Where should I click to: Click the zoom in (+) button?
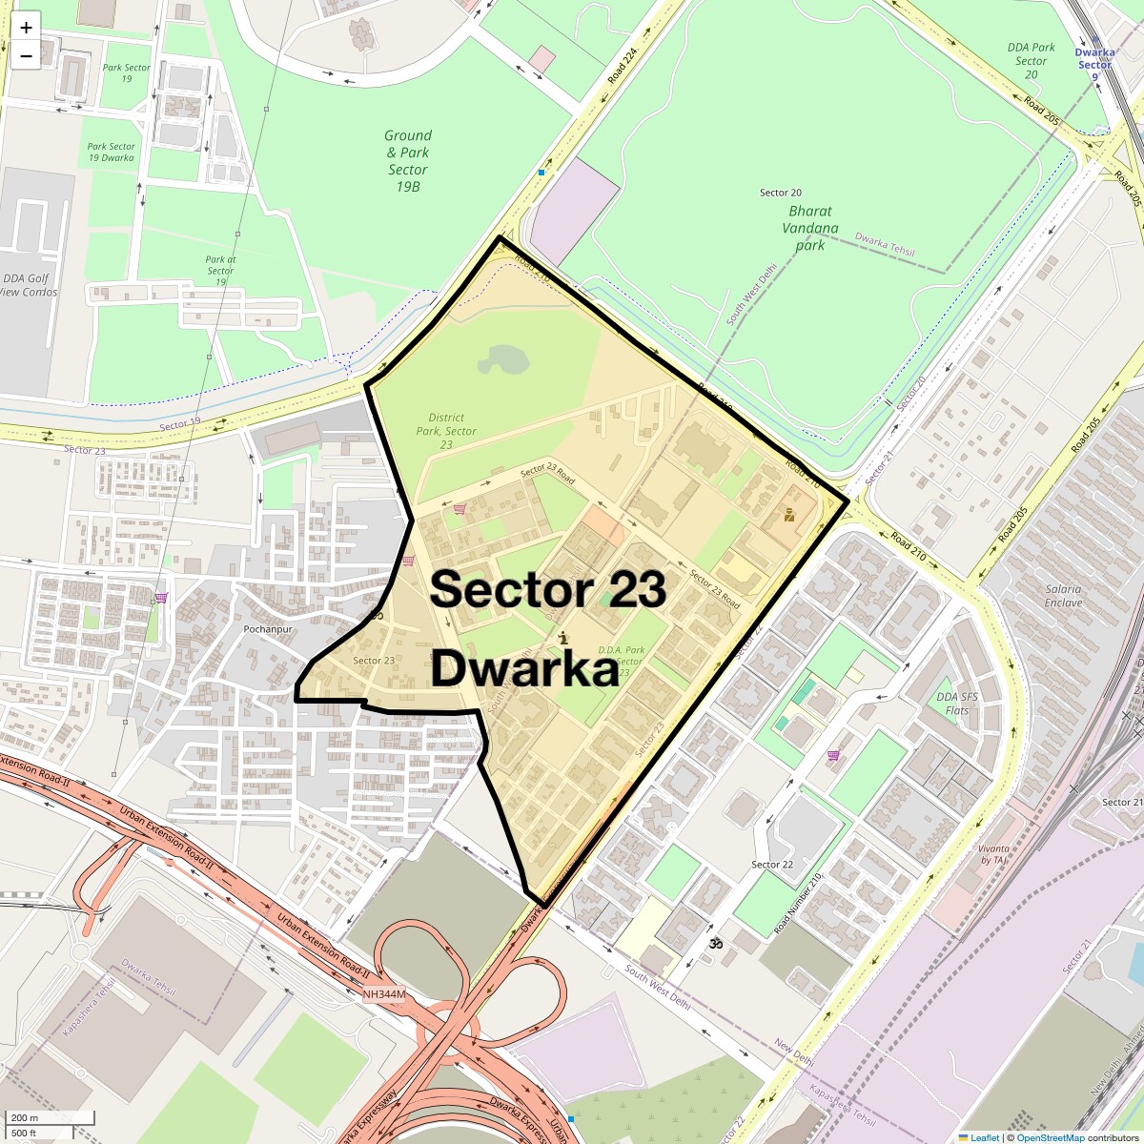(x=26, y=27)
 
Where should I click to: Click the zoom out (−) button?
(x=26, y=55)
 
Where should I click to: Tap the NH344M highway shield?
(x=384, y=994)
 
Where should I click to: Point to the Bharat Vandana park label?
(x=810, y=228)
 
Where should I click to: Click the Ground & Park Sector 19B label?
(x=408, y=161)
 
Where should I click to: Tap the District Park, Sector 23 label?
(x=446, y=431)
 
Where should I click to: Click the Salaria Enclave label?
(x=1063, y=596)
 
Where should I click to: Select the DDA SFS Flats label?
(x=957, y=704)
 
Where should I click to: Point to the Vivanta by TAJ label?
(x=992, y=853)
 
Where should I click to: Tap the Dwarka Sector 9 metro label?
(x=1094, y=58)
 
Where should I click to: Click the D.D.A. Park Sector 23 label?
(x=622, y=661)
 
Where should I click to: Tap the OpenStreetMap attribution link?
(x=1050, y=1137)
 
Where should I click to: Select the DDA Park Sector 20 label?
(x=1031, y=61)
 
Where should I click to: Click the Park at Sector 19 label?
(x=220, y=271)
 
